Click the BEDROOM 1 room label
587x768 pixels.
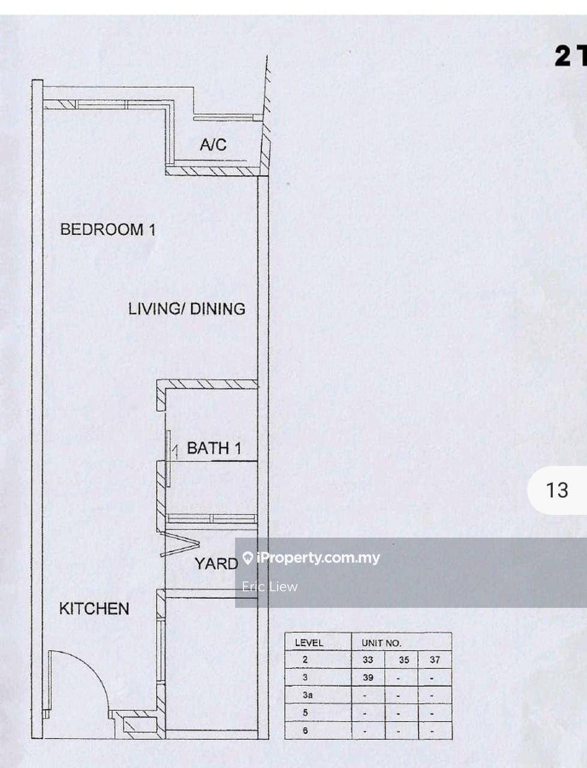(x=108, y=230)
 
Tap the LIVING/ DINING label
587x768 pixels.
(x=186, y=309)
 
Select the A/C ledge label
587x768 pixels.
(x=213, y=145)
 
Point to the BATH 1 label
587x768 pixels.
(x=214, y=448)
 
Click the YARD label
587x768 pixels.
(x=216, y=563)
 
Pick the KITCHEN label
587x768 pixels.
(x=94, y=609)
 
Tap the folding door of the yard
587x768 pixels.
(x=179, y=544)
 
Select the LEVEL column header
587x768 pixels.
(x=309, y=643)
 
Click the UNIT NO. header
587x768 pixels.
(x=381, y=643)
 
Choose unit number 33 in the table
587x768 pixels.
(x=368, y=659)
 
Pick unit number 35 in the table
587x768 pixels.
(x=404, y=659)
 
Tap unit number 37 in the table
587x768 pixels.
(x=435, y=659)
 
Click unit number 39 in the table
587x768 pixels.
(x=368, y=677)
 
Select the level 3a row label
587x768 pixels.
(x=308, y=695)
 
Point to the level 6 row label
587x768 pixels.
(x=305, y=731)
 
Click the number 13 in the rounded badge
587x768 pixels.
(x=556, y=490)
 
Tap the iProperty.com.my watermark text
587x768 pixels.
(x=318, y=558)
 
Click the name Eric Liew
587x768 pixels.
(x=270, y=586)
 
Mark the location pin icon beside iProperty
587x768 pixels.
(x=248, y=558)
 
